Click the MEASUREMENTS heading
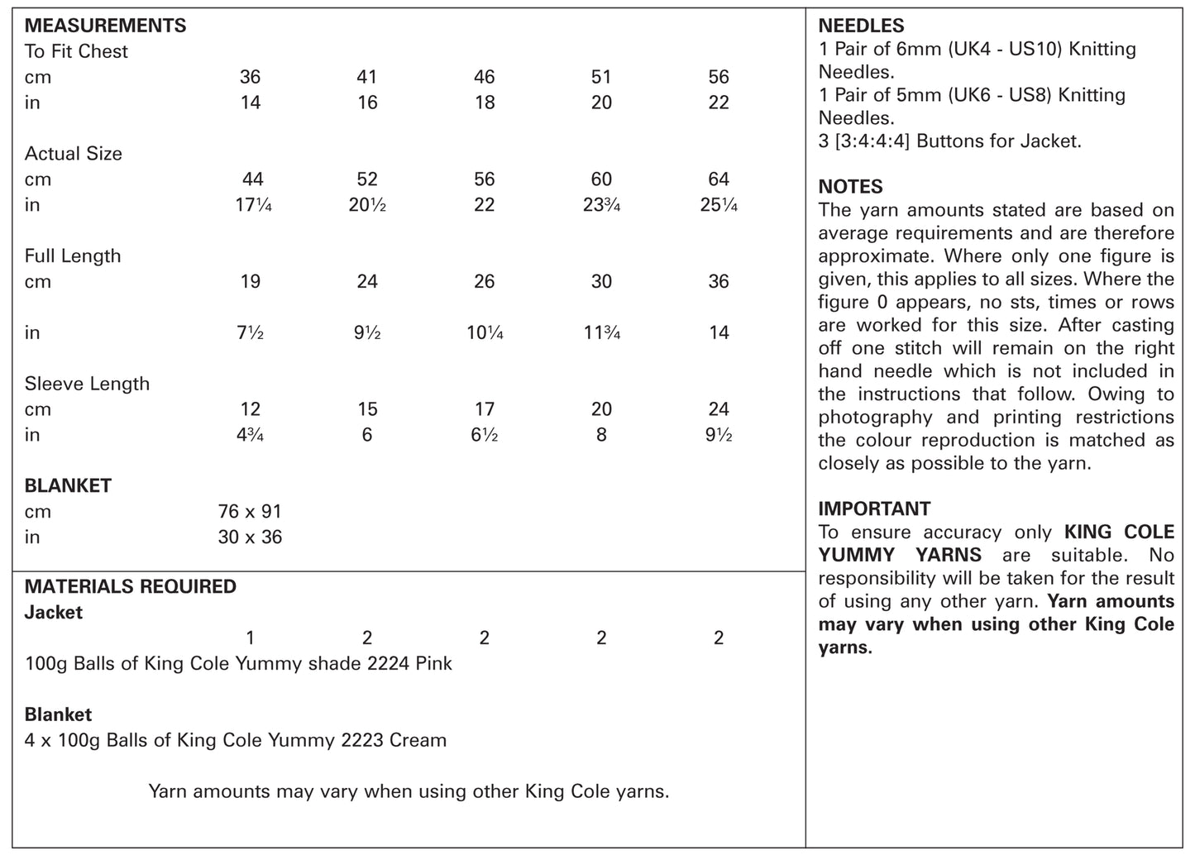[x=105, y=26]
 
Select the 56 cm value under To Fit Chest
[x=718, y=77]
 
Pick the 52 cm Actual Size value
[x=367, y=179]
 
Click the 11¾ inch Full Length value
[x=601, y=333]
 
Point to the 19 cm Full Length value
[x=250, y=282]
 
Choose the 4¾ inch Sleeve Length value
[x=250, y=435]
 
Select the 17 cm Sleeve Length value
[x=484, y=409]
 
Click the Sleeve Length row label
[x=87, y=384]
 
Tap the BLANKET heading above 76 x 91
[x=68, y=485]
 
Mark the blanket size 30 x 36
[x=250, y=537]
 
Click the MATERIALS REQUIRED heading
[x=130, y=587]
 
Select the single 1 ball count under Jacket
[x=250, y=638]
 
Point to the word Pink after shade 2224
[x=433, y=664]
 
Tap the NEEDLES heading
[x=861, y=26]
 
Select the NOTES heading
[x=850, y=187]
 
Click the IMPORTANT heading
[x=874, y=509]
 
